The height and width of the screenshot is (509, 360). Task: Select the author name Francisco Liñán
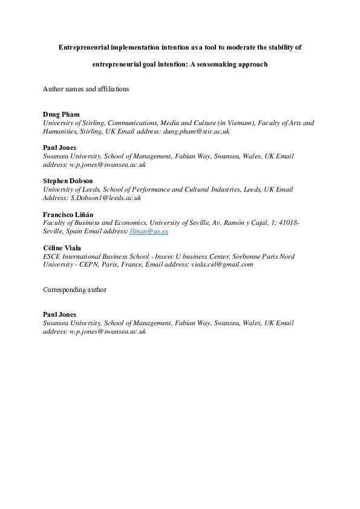68,215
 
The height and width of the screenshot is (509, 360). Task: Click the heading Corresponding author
74,290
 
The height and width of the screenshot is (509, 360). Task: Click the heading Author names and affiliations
86,88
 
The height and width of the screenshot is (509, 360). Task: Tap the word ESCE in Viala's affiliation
52,256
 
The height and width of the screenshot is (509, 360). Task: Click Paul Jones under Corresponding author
59,314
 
